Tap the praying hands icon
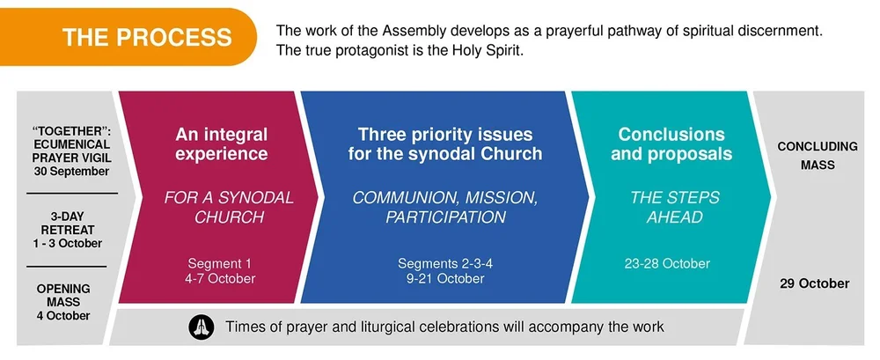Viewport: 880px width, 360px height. [202, 327]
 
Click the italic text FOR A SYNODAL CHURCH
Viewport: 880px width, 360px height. [229, 207]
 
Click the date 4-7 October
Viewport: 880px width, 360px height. [222, 279]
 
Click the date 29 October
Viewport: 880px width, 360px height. [814, 283]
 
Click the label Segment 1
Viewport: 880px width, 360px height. [221, 263]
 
